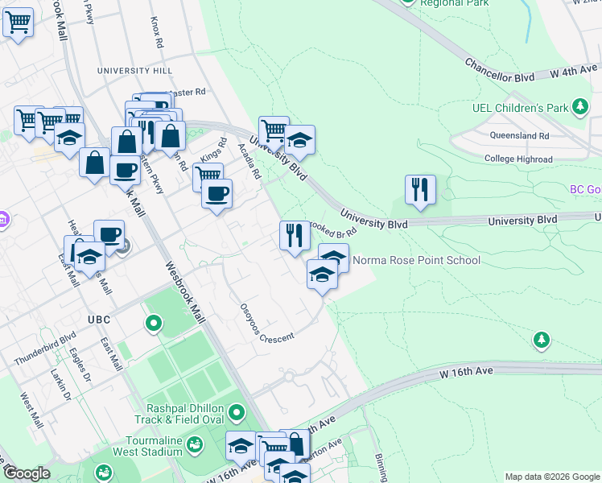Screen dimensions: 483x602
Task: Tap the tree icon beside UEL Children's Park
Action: (579, 106)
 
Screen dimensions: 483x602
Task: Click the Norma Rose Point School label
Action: (417, 260)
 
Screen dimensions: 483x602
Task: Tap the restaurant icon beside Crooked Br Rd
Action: (295, 235)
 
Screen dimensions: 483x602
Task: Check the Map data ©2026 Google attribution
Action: (552, 477)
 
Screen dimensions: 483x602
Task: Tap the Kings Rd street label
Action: (213, 148)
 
